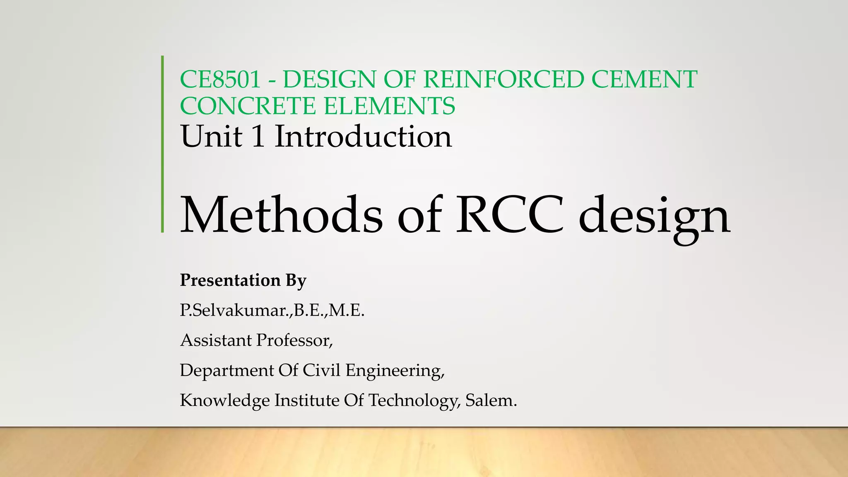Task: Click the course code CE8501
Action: click(x=220, y=79)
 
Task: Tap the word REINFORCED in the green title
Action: click(x=503, y=79)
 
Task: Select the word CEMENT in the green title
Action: click(x=644, y=79)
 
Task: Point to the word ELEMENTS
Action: click(x=389, y=106)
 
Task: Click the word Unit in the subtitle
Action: click(x=211, y=137)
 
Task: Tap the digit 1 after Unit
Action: click(x=258, y=137)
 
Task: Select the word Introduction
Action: click(x=363, y=137)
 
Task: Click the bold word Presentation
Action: click(x=230, y=280)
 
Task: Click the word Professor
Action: click(x=294, y=340)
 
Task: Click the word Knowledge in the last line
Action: click(x=224, y=401)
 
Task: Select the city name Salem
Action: click(x=491, y=400)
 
